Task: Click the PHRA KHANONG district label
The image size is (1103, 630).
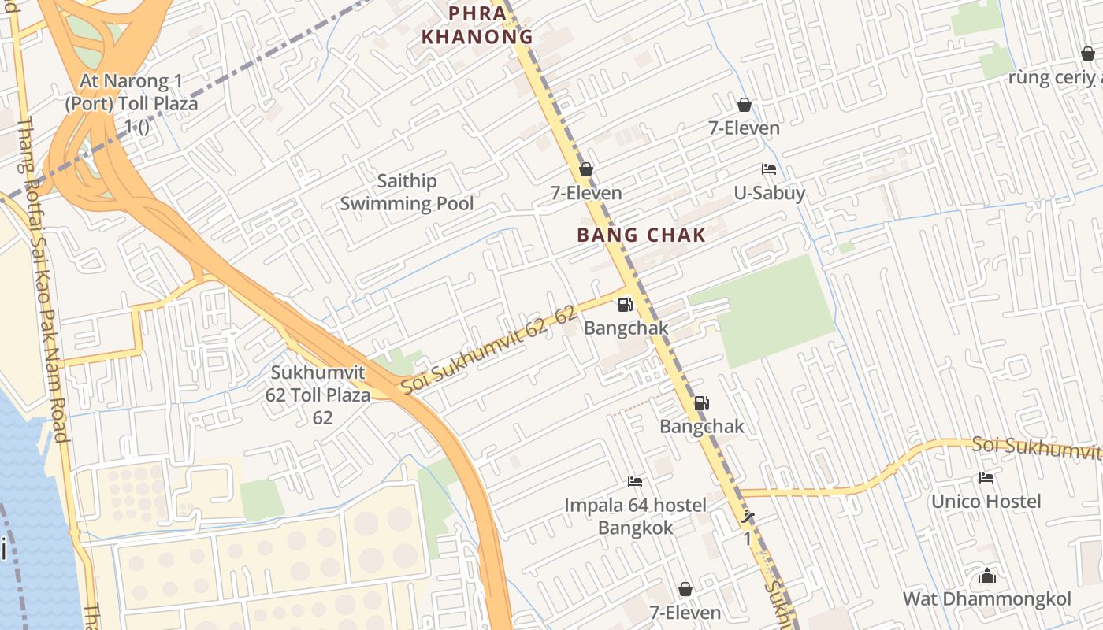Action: pyautogui.click(x=477, y=24)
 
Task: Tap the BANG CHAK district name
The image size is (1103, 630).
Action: pyautogui.click(x=641, y=235)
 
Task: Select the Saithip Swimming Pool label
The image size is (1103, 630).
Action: pyautogui.click(x=407, y=193)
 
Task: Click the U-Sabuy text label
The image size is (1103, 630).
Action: pyautogui.click(x=769, y=193)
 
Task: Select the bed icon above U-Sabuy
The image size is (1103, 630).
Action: pyautogui.click(x=769, y=169)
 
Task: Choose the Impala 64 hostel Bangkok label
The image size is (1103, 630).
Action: pyautogui.click(x=635, y=516)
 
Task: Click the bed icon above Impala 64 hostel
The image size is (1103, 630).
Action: pyautogui.click(x=635, y=481)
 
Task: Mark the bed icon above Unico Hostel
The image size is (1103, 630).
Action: pyautogui.click(x=986, y=478)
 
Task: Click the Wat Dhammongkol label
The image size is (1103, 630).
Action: pyautogui.click(x=986, y=598)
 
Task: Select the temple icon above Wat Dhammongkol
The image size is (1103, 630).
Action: pyautogui.click(x=986, y=576)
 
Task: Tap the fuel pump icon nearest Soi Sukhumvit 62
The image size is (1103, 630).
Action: pyautogui.click(x=625, y=304)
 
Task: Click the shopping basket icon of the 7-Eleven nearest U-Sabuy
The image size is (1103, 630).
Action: pyautogui.click(x=744, y=105)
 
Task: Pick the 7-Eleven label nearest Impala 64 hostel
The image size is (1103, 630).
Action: pyautogui.click(x=685, y=612)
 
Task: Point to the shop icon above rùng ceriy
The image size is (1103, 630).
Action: pyautogui.click(x=1088, y=54)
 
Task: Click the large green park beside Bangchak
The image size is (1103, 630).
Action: pyautogui.click(x=764, y=311)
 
